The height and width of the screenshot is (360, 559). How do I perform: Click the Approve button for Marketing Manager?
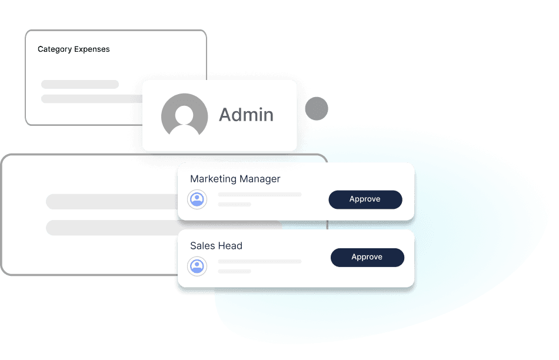point(365,199)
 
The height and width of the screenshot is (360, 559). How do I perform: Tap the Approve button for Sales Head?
point(367,257)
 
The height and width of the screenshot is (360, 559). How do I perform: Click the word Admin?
point(246,115)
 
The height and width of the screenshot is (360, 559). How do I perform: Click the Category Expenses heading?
point(74,49)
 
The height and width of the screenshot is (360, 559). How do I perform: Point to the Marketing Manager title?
point(235,179)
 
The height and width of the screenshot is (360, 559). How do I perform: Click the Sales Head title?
point(216,246)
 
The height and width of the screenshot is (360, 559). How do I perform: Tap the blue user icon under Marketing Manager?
point(197,199)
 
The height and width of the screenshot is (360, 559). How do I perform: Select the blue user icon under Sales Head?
point(197,266)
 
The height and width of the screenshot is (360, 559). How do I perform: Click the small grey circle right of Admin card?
point(317,108)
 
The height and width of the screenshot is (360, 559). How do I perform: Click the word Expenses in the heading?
point(92,49)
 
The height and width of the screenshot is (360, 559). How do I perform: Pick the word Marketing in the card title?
point(212,179)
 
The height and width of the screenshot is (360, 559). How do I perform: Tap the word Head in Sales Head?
point(231,246)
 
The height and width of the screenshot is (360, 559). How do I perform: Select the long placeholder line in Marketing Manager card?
point(259,195)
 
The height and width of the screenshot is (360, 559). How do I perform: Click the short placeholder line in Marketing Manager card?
point(234,204)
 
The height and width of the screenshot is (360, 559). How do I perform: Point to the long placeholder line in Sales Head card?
point(259,262)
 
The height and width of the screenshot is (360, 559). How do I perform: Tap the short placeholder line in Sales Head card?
point(234,271)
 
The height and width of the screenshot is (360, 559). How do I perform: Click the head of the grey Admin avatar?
point(184,112)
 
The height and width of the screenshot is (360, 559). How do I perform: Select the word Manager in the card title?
point(258,179)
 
